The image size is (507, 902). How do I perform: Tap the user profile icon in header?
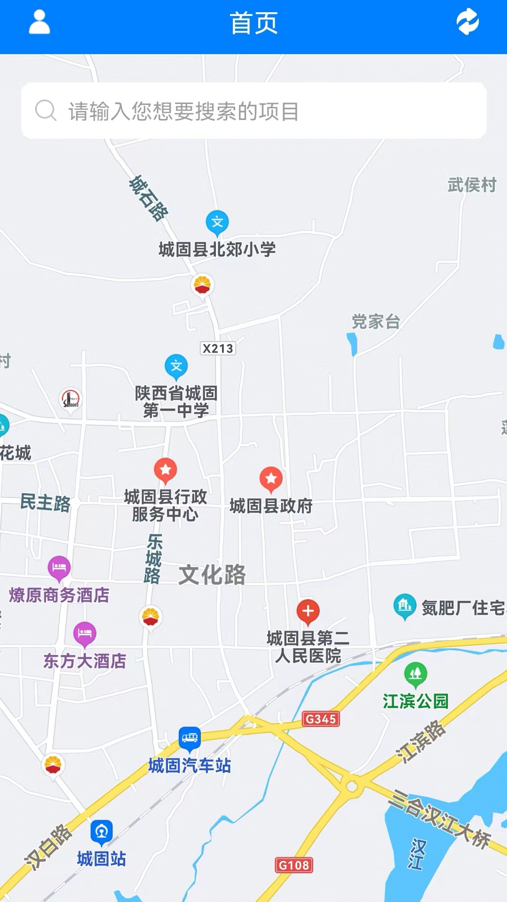pos(40,22)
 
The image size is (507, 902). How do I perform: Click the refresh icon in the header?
pos(467,22)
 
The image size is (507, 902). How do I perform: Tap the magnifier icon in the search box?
pos(46,111)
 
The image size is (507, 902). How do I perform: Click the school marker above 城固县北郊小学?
pos(217,222)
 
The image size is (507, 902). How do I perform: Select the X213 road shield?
pos(218,348)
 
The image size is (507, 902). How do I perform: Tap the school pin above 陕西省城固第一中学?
pos(176,366)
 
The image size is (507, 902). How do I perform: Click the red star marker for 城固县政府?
pos(271,479)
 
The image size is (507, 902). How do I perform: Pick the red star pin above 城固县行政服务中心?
pos(166,470)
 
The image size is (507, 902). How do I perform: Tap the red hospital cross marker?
pos(308,611)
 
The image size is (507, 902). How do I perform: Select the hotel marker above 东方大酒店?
pos(85,633)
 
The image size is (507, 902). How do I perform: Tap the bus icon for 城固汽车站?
pos(190,738)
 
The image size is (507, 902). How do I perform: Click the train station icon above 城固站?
pos(102,831)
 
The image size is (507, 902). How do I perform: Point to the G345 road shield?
pos(321,719)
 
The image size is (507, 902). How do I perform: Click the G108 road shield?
pos(294,865)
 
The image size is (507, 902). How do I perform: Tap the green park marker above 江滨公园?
pos(416,674)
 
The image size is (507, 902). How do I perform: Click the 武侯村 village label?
pos(472,185)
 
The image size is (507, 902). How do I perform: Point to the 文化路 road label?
pos(212,575)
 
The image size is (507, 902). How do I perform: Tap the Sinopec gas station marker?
pos(71,399)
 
